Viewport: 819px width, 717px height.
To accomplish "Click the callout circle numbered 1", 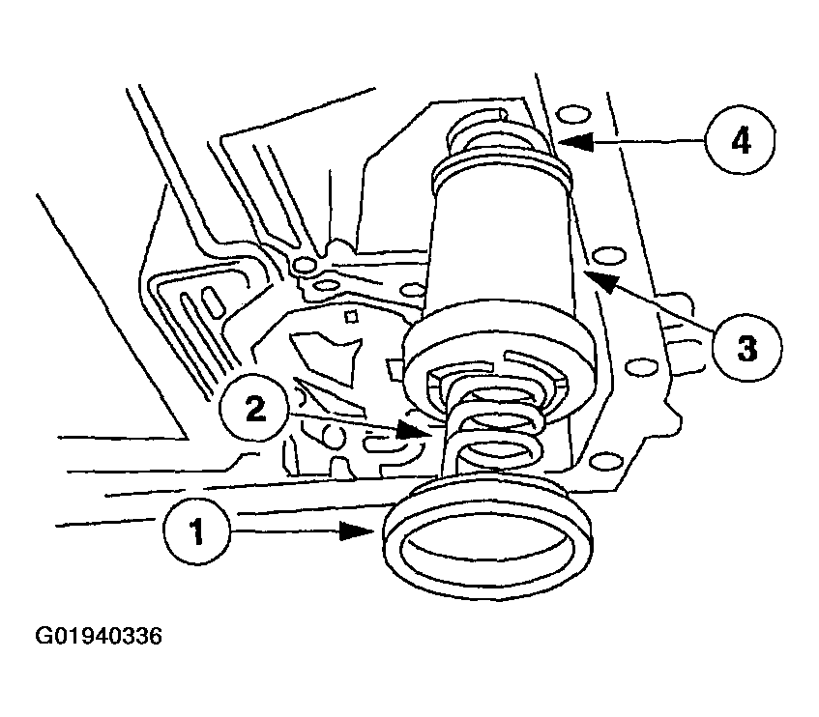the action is point(196,531).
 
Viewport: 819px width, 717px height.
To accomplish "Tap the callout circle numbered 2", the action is point(255,409).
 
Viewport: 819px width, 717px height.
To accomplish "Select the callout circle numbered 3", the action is point(747,348).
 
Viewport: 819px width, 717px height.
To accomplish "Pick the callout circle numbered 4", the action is point(740,142).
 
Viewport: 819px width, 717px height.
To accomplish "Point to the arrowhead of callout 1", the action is point(357,531).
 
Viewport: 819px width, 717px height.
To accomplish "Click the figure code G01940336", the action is point(99,636).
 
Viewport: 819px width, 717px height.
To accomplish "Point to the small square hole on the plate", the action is point(352,316).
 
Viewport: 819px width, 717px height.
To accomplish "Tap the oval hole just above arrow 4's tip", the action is point(573,115).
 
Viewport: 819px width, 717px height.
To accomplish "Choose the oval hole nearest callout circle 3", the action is point(642,367).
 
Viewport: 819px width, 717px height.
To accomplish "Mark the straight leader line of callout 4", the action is point(650,141).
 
